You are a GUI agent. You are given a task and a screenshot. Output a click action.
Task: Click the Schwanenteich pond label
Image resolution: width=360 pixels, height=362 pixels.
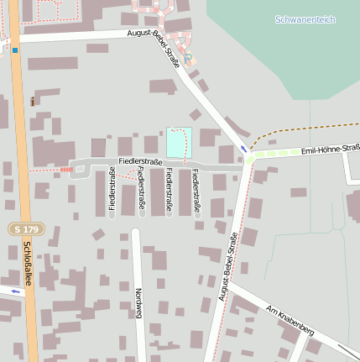tap(305, 18)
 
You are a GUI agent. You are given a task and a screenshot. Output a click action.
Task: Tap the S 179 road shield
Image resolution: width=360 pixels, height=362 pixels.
tap(25, 228)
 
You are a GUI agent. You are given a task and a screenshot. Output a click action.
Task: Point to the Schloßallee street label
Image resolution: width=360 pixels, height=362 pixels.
tap(27, 265)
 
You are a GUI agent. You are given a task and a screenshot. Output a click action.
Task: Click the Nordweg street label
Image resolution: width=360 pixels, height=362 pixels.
tap(138, 299)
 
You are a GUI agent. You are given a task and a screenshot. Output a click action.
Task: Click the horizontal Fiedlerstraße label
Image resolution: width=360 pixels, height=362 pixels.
tap(140, 160)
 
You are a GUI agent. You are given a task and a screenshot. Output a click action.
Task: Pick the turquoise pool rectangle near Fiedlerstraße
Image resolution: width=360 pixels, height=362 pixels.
tap(179, 141)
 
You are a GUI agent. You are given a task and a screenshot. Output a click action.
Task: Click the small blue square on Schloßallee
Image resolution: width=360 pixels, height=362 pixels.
tap(15, 50)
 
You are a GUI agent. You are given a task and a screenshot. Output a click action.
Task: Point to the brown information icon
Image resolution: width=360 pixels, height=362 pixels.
tap(32, 102)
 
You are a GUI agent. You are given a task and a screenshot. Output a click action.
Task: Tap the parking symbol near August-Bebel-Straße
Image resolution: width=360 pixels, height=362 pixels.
tap(188, 57)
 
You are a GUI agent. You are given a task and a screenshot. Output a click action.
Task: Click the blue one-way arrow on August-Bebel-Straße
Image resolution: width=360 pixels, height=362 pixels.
tap(244, 149)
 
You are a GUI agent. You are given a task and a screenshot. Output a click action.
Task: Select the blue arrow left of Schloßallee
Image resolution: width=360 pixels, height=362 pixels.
tap(15, 291)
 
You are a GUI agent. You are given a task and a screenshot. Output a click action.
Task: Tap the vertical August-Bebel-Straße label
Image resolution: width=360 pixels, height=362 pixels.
tap(225, 267)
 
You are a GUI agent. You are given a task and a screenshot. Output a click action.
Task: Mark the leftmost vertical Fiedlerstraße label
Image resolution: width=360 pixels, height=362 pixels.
tap(112, 189)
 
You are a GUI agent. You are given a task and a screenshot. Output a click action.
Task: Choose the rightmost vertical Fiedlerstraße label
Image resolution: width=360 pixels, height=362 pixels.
tap(196, 191)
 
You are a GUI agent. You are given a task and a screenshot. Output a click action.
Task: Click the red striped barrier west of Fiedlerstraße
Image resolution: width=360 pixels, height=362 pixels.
tap(66, 170)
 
